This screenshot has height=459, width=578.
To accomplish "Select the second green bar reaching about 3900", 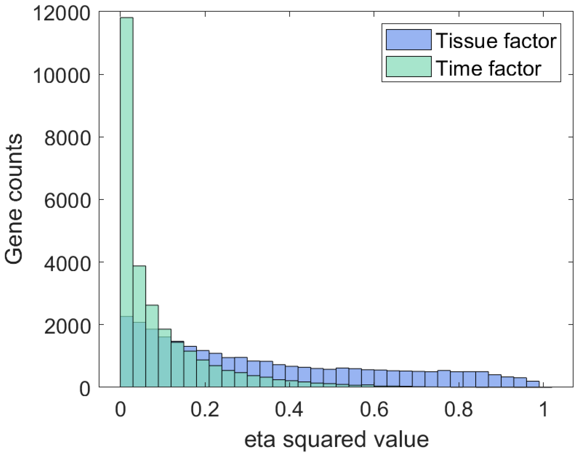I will coord(139,295).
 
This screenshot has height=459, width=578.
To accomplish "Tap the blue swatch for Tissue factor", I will coord(408,40).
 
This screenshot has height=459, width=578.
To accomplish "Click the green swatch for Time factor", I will coord(408,66).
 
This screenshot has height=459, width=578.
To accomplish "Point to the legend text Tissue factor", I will coord(496,41).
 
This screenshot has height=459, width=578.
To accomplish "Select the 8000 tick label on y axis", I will coord(67,138).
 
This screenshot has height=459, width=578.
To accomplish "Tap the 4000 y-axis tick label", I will coord(67,263).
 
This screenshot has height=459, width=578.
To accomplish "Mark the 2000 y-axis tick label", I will coord(67,326).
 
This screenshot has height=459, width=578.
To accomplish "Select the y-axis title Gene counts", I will coord(14,199).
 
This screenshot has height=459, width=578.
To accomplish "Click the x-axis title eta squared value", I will coord(336,439).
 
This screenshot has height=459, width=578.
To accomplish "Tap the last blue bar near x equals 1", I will coord(533,384).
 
